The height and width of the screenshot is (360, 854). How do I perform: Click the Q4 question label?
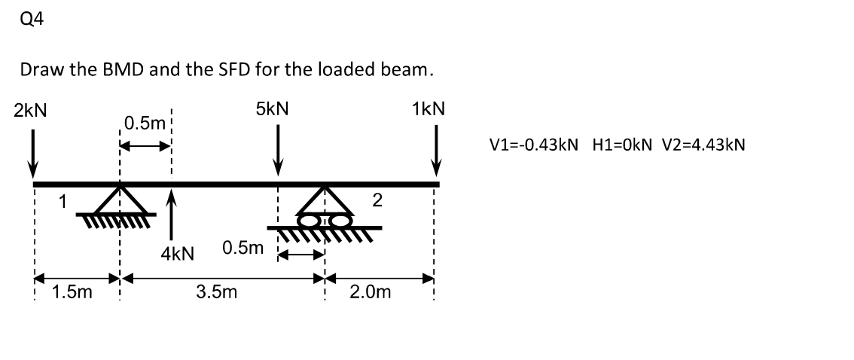[33, 20]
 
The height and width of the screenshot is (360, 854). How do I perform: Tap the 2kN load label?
[30, 109]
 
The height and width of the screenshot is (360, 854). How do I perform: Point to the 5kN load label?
[272, 108]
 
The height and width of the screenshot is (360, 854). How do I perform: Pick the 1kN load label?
[429, 108]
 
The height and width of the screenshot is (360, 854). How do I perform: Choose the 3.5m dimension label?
[217, 291]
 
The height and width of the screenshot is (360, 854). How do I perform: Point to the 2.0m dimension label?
[371, 291]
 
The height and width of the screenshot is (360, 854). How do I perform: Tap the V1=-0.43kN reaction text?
[534, 145]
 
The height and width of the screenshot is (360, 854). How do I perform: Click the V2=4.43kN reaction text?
[703, 145]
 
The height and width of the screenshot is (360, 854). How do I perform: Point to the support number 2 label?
[377, 200]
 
